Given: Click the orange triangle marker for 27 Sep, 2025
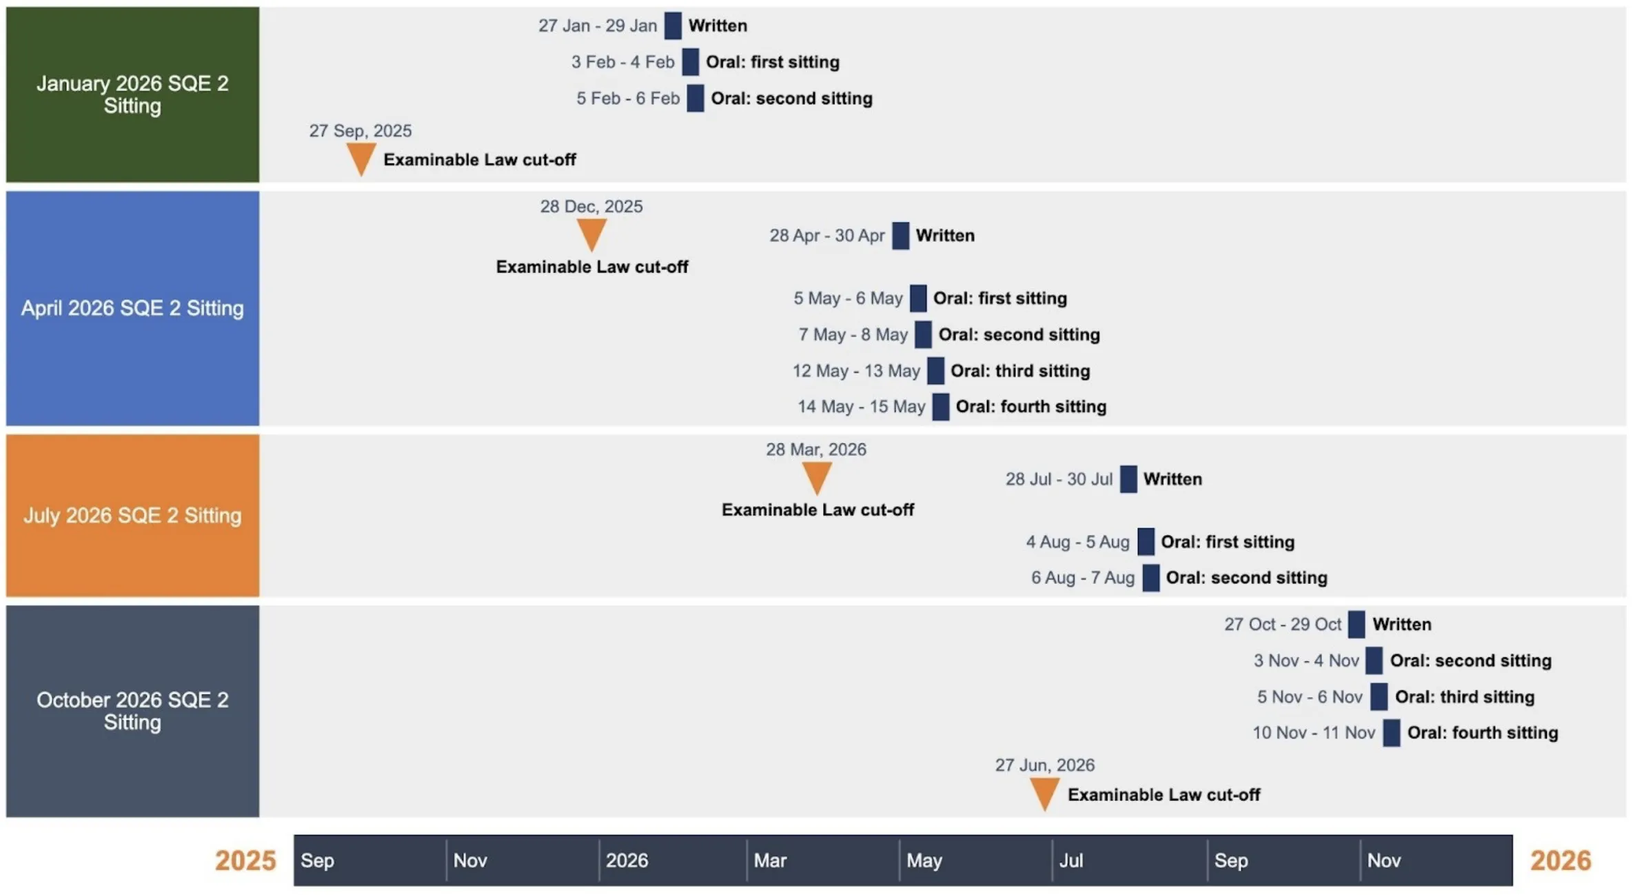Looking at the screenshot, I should (360, 157).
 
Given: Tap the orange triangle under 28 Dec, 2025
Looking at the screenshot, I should (591, 232).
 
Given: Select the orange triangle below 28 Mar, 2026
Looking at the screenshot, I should (817, 476).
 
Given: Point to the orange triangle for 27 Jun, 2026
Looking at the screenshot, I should (1044, 792).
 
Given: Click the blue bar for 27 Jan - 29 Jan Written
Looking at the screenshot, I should (673, 26).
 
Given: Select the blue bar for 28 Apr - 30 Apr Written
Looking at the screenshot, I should (900, 236).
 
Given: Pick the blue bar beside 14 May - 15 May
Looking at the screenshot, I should (940, 407).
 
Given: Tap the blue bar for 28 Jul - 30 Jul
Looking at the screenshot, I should (1128, 479).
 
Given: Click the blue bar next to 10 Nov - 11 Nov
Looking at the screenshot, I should (1391, 733).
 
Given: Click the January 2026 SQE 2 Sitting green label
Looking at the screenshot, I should (132, 94).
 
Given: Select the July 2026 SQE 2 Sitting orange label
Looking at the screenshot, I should (132, 515).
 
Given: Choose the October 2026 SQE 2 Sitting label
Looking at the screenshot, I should (132, 711).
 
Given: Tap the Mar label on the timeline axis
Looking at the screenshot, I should (769, 861).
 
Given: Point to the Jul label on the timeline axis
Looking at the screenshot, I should (1070, 861).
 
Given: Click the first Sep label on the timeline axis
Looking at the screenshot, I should (317, 861).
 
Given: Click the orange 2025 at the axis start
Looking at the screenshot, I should (245, 861).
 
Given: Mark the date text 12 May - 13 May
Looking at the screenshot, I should (855, 371).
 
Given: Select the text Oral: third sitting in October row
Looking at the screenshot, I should (1464, 697).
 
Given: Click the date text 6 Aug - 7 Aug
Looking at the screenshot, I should (1082, 578).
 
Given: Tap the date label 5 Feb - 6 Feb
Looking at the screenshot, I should (627, 99).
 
